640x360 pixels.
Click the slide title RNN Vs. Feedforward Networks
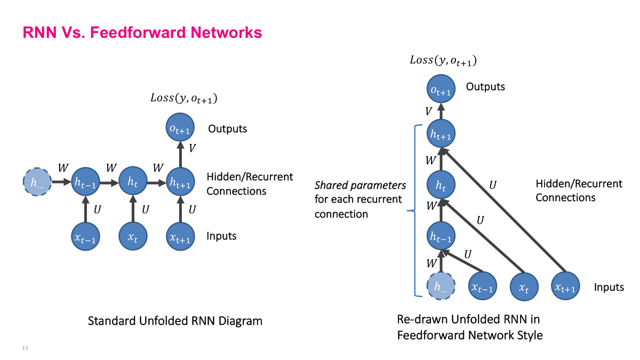[x=142, y=33]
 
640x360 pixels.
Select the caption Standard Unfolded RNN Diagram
[x=175, y=321]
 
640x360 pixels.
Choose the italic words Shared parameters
[x=360, y=186]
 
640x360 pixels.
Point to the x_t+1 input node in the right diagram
[x=565, y=287]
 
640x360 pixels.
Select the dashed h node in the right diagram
[x=441, y=287]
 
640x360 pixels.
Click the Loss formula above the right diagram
[x=443, y=60]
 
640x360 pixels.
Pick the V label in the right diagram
[x=428, y=111]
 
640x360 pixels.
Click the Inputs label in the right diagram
[x=609, y=287]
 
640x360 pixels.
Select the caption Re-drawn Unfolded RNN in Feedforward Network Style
[x=469, y=327]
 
